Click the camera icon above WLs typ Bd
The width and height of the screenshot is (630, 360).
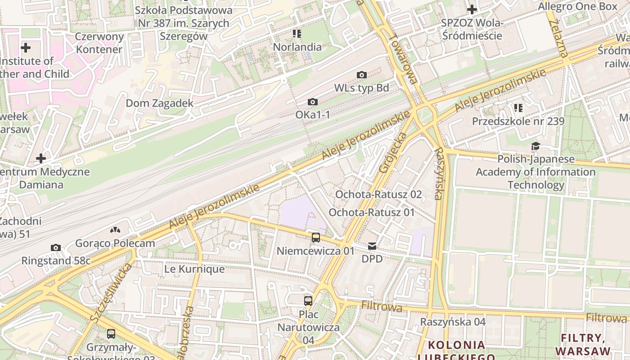tap(361, 75)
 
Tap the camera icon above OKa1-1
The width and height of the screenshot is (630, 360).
tap(312, 102)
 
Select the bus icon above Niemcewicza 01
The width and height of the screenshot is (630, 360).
tap(316, 238)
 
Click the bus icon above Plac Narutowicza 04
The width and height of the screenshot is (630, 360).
tap(308, 301)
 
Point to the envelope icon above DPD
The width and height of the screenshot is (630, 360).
tap(372, 246)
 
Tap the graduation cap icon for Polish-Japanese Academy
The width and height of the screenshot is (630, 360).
tap(535, 146)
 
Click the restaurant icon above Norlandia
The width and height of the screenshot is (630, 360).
tap(297, 34)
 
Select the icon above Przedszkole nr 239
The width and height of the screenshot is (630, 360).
tap(518, 108)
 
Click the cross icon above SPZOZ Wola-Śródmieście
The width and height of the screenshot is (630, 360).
tap(472, 9)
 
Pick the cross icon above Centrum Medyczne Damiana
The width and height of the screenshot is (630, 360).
tap(41, 158)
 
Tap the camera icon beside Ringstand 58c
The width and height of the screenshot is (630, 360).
tap(56, 248)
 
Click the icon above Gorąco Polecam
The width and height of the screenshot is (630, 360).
tap(115, 230)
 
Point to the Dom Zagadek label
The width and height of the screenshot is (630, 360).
tap(159, 103)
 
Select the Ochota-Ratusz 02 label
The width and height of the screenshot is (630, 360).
tap(378, 194)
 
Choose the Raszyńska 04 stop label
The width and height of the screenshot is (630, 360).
tap(453, 322)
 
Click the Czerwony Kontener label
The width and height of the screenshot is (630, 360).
tap(99, 43)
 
